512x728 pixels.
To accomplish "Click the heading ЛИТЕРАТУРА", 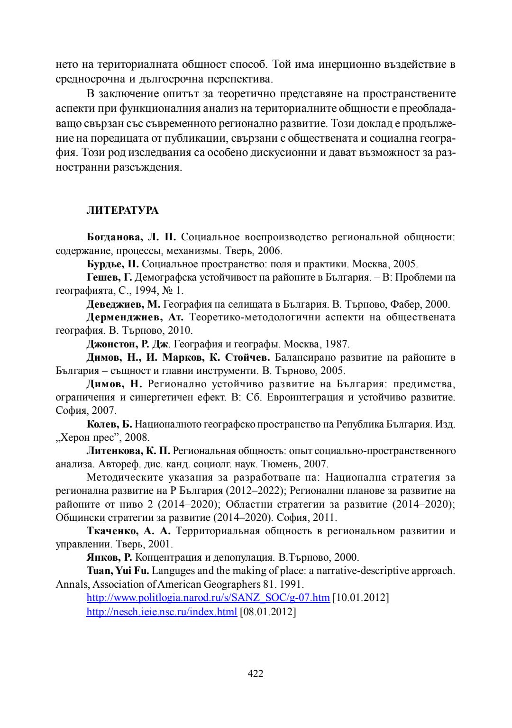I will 122,210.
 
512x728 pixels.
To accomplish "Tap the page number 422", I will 256,673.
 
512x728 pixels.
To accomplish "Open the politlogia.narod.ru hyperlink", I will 208,598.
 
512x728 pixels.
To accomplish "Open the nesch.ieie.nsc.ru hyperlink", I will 161,612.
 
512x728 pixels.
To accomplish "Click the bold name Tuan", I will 97,571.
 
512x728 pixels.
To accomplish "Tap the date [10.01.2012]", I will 361,598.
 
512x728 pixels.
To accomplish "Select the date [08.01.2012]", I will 268,612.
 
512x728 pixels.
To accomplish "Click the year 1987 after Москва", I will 337,344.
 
